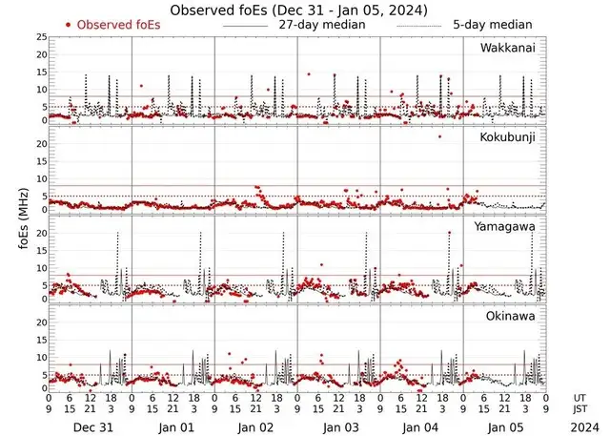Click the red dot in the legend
click(x=69, y=24)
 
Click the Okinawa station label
click(x=515, y=315)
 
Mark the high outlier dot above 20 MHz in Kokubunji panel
click(x=439, y=136)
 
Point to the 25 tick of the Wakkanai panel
click(x=41, y=37)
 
